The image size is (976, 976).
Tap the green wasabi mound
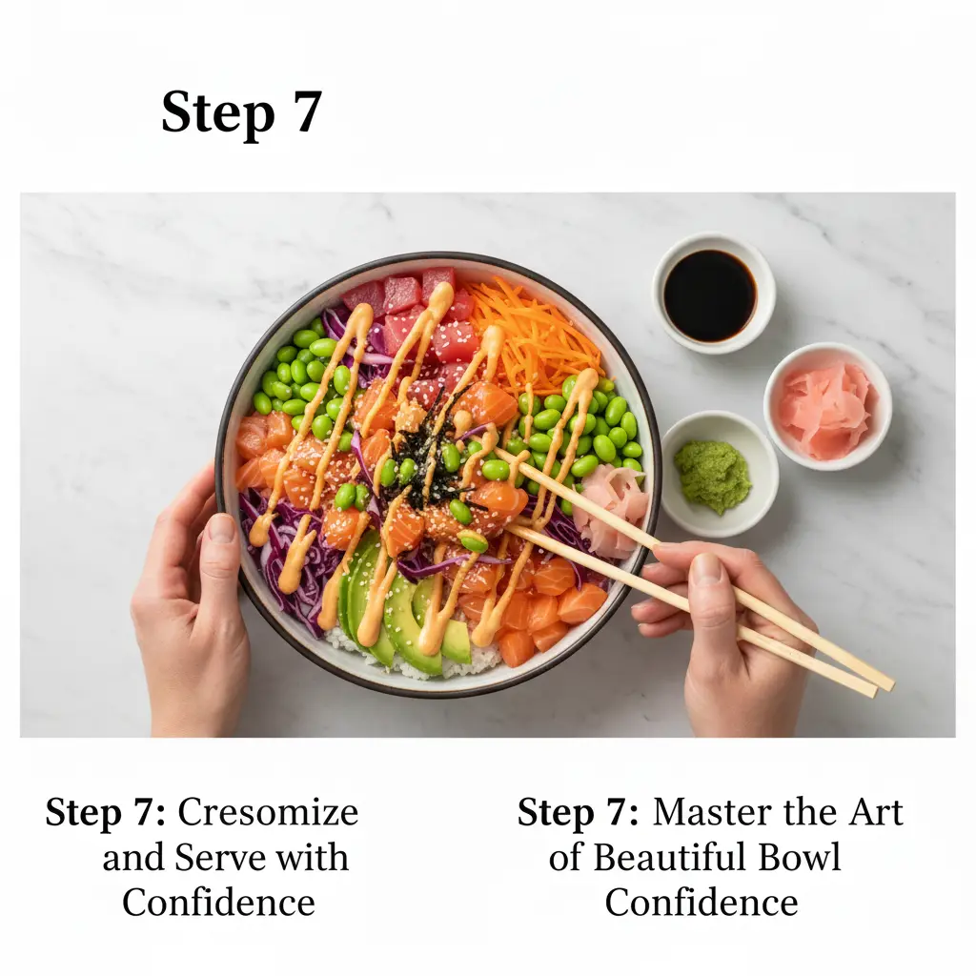click(x=712, y=476)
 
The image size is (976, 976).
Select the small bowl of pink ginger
click(x=828, y=406)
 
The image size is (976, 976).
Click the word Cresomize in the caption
click(x=268, y=812)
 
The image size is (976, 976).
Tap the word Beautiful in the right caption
click(x=669, y=857)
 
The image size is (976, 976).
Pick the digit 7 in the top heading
click(x=307, y=112)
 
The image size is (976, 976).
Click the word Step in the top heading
click(x=218, y=114)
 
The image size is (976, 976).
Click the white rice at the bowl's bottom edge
click(x=430, y=660)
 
